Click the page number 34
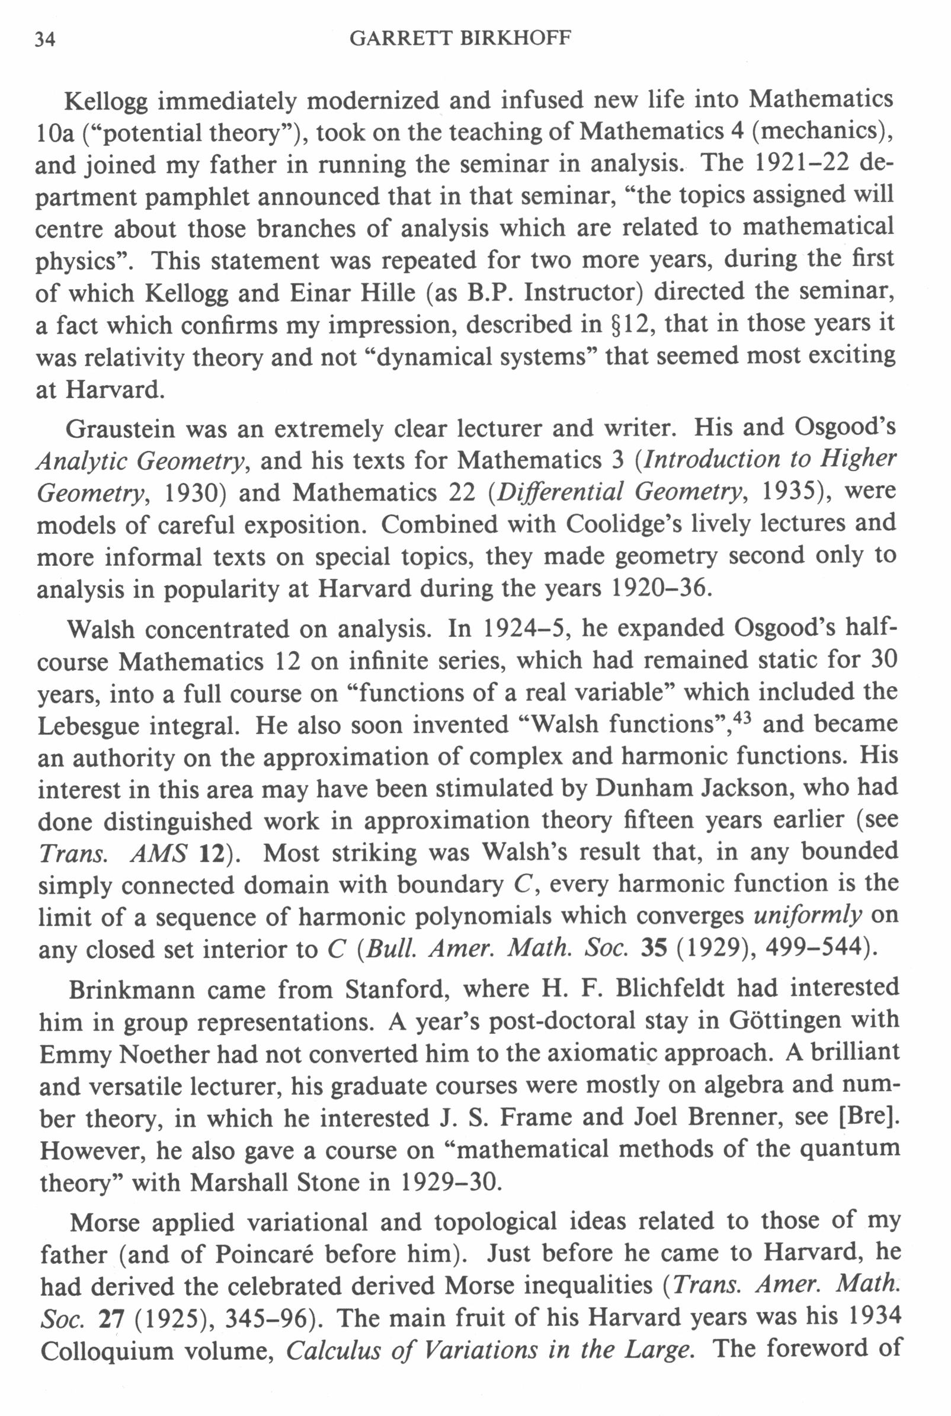coord(45,40)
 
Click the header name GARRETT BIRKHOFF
coord(460,39)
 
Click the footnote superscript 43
coord(742,717)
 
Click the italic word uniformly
coord(807,916)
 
